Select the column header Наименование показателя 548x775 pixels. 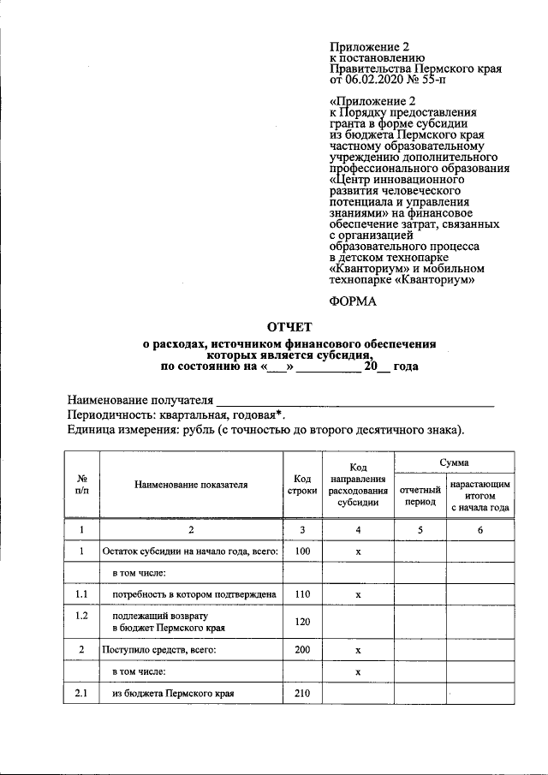tap(191, 484)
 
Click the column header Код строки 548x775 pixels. tap(301, 484)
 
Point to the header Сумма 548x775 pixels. tap(454, 462)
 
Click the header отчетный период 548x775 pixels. tap(420, 495)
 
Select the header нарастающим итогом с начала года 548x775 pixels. tap(480, 495)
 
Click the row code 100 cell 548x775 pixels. tap(301, 551)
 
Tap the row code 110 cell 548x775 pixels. tap(301, 593)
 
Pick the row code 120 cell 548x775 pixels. tap(301, 622)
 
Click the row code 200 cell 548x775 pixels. tap(301, 651)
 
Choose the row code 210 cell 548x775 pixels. tap(301, 693)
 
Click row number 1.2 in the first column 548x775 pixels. tap(81, 616)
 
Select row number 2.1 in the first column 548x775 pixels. tap(81, 693)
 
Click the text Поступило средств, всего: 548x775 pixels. tap(158, 651)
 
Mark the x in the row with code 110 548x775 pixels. tap(359, 593)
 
